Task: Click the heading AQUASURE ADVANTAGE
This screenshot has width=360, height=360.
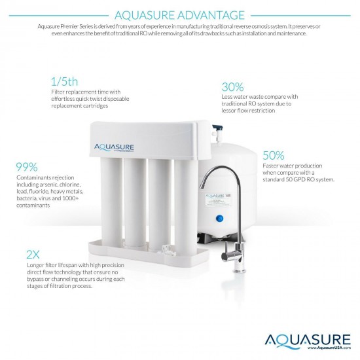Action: coord(179,14)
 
